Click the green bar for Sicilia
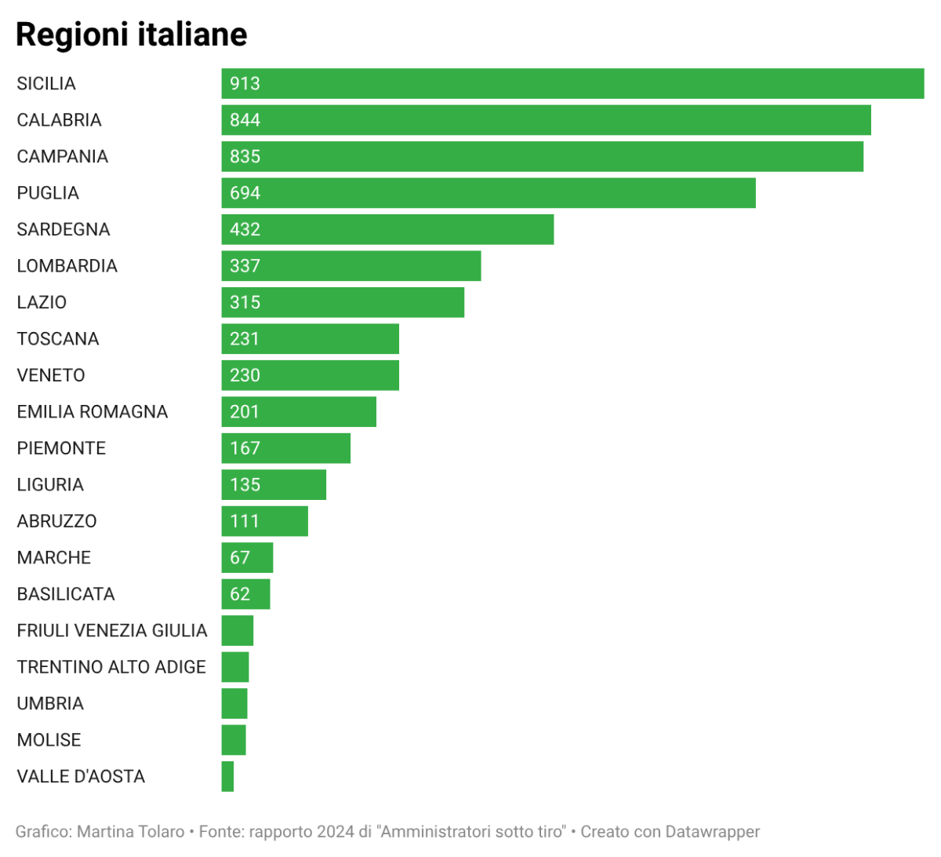pos(572,84)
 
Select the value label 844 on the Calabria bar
pos(245,120)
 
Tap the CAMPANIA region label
pos(63,157)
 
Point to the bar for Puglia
pos(488,193)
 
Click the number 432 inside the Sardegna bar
pos(245,229)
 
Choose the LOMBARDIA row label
pos(67,266)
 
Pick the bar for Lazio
pos(343,302)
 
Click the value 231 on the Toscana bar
pos(245,339)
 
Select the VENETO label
pos(51,375)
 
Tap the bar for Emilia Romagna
pos(298,412)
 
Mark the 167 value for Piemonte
pos(245,448)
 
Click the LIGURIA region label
pos(50,485)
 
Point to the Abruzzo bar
pos(264,521)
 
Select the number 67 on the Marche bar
pos(240,557)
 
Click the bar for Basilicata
pos(245,594)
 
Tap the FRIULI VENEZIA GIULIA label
pos(112,630)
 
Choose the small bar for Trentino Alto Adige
pos(235,667)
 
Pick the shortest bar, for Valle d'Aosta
pos(227,776)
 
